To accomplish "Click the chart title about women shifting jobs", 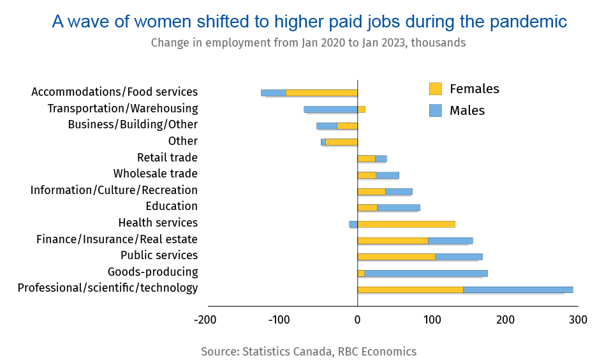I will [x=309, y=22].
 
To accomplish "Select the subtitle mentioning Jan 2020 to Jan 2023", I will [x=308, y=43].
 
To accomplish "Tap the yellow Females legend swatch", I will [x=436, y=89].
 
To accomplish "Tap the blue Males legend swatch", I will [x=436, y=110].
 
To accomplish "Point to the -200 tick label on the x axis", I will [x=205, y=319].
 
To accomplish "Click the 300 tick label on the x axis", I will [x=578, y=319].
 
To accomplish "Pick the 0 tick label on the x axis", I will [x=357, y=319].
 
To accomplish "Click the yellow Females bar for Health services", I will [x=406, y=224].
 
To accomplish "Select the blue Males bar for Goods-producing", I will [x=426, y=273].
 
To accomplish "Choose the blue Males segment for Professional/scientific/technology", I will [x=518, y=290].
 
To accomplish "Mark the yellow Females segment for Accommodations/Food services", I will [x=321, y=93].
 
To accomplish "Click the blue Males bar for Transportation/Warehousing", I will [x=330, y=109].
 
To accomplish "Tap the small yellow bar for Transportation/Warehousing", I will [x=361, y=109].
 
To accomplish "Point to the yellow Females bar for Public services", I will [x=396, y=257].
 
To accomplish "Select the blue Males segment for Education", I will [x=399, y=207].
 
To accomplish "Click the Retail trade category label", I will [x=167, y=158].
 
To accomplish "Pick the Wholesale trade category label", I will [x=155, y=174].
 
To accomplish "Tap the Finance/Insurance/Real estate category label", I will [x=117, y=239].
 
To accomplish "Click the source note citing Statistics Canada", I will [x=308, y=352].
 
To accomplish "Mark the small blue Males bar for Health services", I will [x=353, y=224].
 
